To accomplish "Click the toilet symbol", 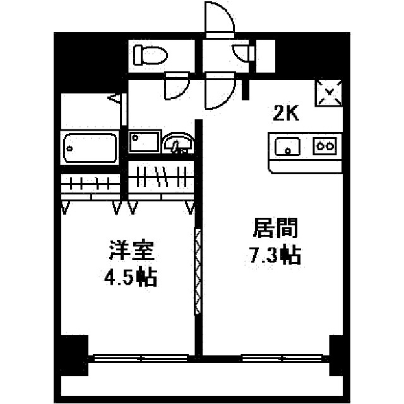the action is (x=150, y=55).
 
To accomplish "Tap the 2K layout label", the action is (x=285, y=114).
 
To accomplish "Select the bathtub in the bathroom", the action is (x=90, y=148).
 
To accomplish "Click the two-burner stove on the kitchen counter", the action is (x=324, y=146).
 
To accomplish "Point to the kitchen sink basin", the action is (x=288, y=146).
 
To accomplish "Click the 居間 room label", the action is (x=276, y=228).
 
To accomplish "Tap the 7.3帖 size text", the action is (x=275, y=254).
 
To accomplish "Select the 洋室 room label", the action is (x=132, y=250).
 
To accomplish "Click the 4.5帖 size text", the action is (x=131, y=276).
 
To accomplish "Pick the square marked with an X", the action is (x=329, y=93).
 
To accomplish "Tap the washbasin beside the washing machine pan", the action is (x=179, y=143).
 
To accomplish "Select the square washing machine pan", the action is (x=145, y=141).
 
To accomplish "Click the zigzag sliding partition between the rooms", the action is (x=198, y=271).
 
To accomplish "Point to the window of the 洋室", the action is (x=141, y=358).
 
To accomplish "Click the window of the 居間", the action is (x=282, y=358).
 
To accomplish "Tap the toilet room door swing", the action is (x=177, y=86).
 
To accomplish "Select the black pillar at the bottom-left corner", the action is (x=74, y=355).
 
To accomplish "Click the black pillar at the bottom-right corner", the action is (x=336, y=355).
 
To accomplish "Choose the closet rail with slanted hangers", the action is (x=162, y=177).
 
